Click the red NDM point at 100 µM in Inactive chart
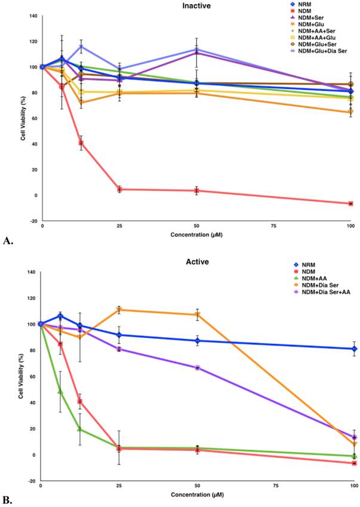coord(350,204)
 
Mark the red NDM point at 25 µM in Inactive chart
coord(119,189)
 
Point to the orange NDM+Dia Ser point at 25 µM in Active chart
coord(119,310)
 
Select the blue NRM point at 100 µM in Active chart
coord(355,349)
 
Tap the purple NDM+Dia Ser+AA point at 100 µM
coord(355,438)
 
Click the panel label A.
coord(8,242)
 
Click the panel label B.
coord(8,499)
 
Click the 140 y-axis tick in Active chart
coord(31,272)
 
